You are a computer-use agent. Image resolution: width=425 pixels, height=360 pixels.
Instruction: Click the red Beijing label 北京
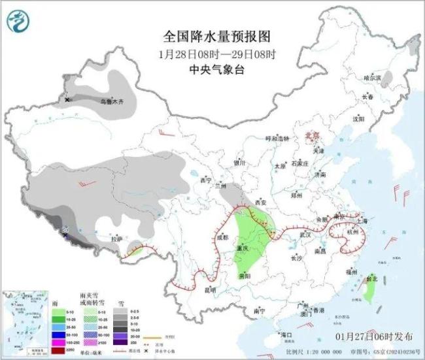coord(314,136)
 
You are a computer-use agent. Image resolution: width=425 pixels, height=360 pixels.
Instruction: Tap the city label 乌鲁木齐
coord(111,102)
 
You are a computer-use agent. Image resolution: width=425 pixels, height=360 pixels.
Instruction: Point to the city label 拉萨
coord(115,239)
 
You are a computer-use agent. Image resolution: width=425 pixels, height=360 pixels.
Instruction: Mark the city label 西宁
coord(206,180)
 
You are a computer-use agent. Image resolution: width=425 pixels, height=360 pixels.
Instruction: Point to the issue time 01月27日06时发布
coord(375,336)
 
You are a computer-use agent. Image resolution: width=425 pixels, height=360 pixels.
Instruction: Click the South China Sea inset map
coord(26,319)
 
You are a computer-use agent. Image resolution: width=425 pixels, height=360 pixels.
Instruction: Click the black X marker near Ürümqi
coord(67,100)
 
